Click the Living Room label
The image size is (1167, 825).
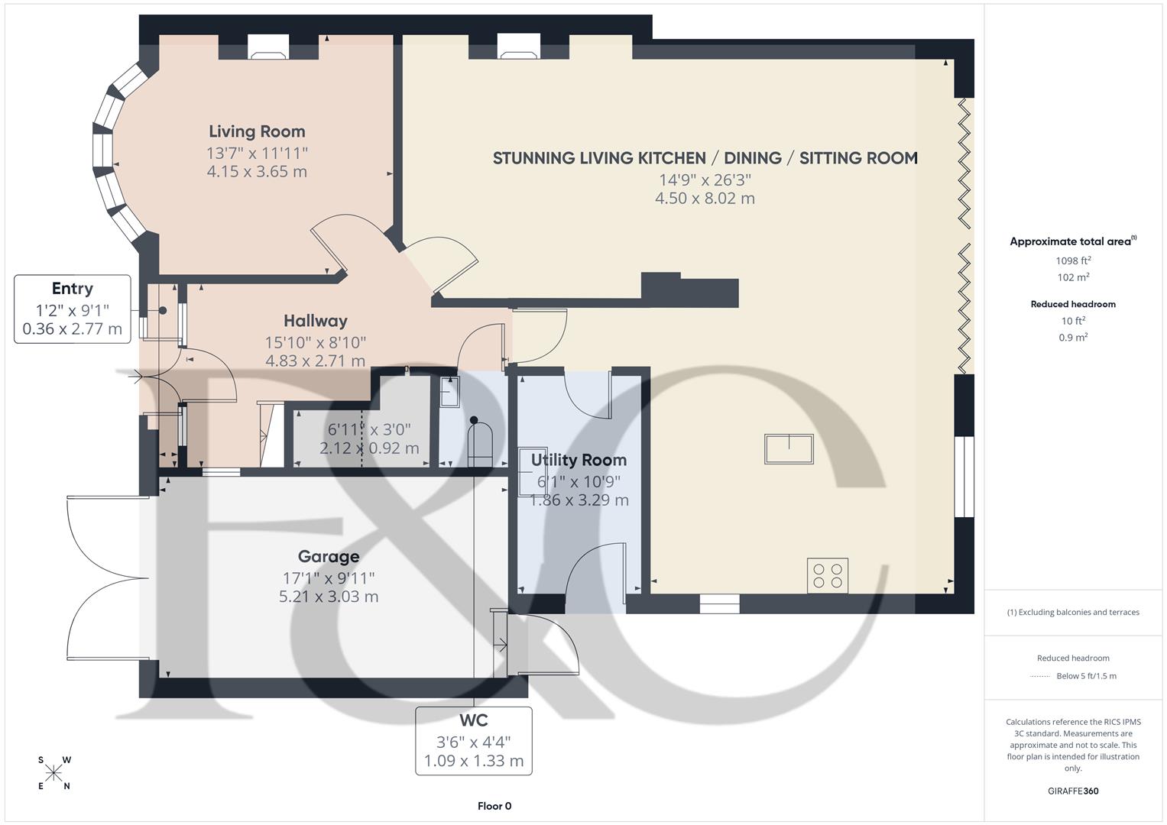[257, 131]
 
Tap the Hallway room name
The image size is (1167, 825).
[315, 321]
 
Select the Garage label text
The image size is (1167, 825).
[329, 556]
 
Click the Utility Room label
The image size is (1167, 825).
[579, 460]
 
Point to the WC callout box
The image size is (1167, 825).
[474, 740]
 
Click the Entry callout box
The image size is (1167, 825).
[73, 309]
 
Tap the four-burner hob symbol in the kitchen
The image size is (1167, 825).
[828, 575]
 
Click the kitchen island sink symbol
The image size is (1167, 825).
[789, 448]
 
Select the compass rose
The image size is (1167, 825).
[53, 773]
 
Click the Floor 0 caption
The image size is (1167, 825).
[494, 806]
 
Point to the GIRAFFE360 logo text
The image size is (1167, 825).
[1073, 791]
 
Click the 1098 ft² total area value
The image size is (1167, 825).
[1073, 260]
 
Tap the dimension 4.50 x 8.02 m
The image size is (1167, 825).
[705, 199]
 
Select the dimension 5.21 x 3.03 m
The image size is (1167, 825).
[329, 597]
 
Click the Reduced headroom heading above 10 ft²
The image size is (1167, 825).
[1073, 304]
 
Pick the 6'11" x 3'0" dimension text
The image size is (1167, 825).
[369, 429]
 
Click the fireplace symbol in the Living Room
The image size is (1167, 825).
[268, 54]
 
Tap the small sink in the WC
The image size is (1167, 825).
[449, 392]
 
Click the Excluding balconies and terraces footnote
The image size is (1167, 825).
[1073, 612]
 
